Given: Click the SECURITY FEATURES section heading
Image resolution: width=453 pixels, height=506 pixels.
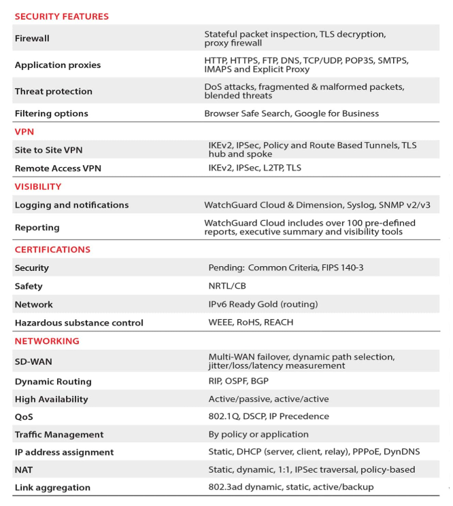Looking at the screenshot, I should pos(61,16).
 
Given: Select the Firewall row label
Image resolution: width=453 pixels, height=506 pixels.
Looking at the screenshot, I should pos(32,39).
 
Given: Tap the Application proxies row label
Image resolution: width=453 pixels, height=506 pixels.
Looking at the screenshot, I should pos(57,65).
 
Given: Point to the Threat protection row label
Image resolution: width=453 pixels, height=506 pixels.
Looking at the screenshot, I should pos(53,92).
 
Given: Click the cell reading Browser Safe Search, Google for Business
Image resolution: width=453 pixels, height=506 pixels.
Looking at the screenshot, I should pos(291,113).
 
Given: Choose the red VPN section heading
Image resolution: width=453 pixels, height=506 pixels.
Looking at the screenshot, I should pos(24,132).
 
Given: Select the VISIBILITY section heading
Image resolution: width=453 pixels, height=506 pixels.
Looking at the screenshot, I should pos(38,187).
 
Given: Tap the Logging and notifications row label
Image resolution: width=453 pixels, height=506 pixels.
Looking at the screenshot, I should pos(71,205).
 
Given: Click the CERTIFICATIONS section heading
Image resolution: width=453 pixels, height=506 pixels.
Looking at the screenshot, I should pos(52,250).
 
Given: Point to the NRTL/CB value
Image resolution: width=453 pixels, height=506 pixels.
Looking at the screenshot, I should pos(227,287).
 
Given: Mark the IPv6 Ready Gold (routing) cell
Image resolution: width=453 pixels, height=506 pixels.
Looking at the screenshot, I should pos(263,305).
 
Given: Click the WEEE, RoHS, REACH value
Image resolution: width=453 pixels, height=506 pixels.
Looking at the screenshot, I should pos(251,323).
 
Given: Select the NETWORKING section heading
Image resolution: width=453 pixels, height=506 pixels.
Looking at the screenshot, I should pos(47,341).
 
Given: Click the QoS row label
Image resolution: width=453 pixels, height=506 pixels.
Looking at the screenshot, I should pos(24,417).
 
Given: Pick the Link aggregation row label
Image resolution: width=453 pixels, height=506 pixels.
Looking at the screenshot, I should pos(52,488).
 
